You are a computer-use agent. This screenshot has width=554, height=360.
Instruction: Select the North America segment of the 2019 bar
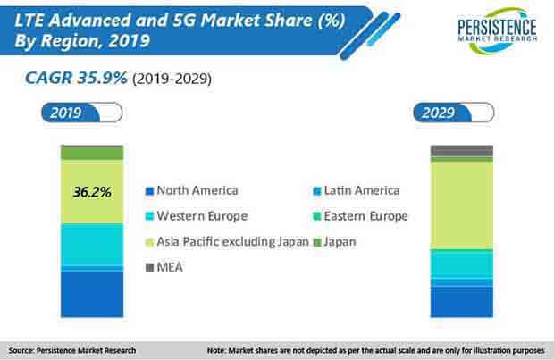pyautogui.click(x=92, y=289)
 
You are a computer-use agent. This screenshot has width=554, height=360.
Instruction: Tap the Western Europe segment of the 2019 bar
pyautogui.click(x=92, y=243)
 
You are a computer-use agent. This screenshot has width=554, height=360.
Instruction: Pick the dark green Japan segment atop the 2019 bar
pyautogui.click(x=92, y=153)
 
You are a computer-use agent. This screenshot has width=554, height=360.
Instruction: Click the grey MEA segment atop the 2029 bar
pyautogui.click(x=461, y=150)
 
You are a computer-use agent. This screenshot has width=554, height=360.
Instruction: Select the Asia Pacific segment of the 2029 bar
pyautogui.click(x=461, y=204)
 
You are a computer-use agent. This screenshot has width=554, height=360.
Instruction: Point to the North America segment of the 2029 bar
pyautogui.click(x=461, y=301)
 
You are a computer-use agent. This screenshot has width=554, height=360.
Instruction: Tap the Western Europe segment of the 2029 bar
pyautogui.click(x=461, y=264)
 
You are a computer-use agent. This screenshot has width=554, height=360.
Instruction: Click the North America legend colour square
pyautogui.click(x=149, y=191)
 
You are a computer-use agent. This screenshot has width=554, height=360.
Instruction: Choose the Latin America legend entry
pyautogui.click(x=357, y=190)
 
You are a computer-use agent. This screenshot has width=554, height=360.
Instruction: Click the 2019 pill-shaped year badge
pyautogui.click(x=81, y=113)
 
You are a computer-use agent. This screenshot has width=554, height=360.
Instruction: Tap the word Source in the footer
pyautogui.click(x=23, y=350)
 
